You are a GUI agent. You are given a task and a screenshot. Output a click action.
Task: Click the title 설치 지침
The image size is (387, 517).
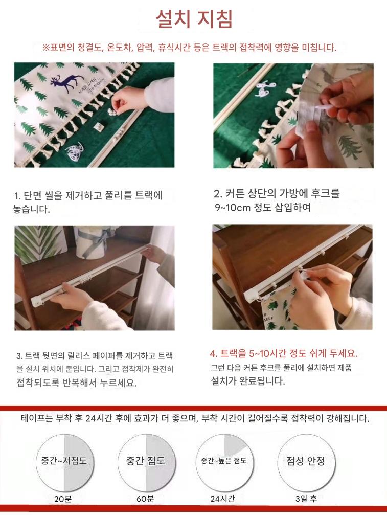(x=194, y=19)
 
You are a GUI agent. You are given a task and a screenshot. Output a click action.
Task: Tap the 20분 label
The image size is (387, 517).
(x=63, y=499)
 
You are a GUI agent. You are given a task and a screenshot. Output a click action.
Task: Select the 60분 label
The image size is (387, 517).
(x=145, y=499)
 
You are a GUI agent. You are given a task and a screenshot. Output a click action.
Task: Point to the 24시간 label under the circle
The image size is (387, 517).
(x=222, y=499)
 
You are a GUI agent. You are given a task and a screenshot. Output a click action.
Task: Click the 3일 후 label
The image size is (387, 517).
(x=306, y=499)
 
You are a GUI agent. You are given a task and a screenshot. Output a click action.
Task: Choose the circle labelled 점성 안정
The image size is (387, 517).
(x=306, y=463)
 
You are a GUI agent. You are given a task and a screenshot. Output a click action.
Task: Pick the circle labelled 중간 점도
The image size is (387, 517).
(x=146, y=463)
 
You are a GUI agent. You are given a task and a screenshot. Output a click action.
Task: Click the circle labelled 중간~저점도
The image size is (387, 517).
(x=64, y=463)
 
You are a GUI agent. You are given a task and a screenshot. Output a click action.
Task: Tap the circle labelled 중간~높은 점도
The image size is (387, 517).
(x=224, y=463)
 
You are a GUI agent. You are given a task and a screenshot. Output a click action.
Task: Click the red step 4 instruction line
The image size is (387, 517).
(x=284, y=353)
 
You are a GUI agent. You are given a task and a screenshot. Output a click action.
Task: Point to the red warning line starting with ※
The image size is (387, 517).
(x=190, y=48)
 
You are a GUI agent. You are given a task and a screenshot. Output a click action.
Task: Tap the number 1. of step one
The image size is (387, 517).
(x=18, y=196)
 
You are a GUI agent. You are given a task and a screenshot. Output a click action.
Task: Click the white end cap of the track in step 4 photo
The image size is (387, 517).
(x=251, y=294)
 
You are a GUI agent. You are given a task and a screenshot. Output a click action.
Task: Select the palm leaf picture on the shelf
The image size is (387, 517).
(x=39, y=243)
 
